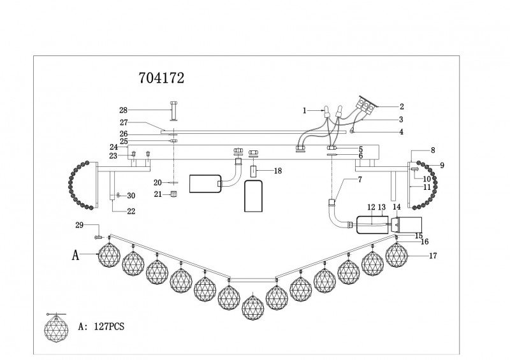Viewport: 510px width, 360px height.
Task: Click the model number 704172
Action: click(162, 78)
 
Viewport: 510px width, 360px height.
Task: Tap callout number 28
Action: click(123, 110)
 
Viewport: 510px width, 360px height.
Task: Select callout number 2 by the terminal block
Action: click(402, 106)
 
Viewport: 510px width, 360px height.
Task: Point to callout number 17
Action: click(433, 256)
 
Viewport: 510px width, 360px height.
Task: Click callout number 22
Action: click(131, 212)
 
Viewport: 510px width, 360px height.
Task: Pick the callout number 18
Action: click(278, 171)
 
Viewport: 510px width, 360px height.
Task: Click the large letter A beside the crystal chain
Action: click(75, 256)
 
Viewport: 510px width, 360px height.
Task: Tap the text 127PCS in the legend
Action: click(109, 326)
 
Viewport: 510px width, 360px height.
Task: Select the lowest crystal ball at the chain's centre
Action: click(253, 306)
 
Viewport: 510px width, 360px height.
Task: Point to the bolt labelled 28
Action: click(173, 111)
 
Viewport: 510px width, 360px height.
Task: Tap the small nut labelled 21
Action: click(174, 194)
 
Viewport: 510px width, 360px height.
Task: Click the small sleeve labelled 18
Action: click(254, 171)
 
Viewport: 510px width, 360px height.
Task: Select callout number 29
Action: click(79, 225)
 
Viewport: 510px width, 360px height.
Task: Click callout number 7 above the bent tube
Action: click(360, 179)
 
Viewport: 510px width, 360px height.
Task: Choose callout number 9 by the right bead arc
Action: click(442, 165)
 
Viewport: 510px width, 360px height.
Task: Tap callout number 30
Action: click(131, 196)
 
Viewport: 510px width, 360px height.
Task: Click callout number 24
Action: click(113, 147)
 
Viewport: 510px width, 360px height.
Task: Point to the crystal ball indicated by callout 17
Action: click(397, 254)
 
